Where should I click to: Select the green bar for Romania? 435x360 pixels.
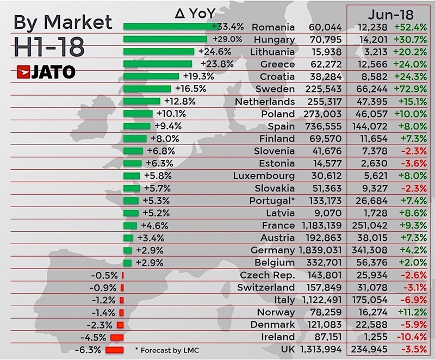point(167,27)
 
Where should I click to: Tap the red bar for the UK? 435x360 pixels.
point(115,350)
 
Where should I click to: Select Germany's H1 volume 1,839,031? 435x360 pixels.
point(320,250)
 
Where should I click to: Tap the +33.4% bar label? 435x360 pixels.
point(228,27)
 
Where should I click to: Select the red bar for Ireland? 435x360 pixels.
point(117,337)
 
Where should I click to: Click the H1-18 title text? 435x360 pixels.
point(49,48)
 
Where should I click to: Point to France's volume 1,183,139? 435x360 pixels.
point(320,226)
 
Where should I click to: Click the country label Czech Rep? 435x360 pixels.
point(267,275)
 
